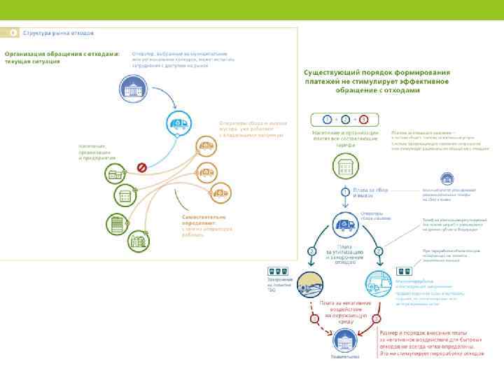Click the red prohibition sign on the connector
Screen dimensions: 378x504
point(141,167)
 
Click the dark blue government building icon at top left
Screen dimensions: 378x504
point(132,88)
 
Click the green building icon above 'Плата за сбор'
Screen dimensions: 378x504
point(344,166)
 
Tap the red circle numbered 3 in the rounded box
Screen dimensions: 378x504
point(363,119)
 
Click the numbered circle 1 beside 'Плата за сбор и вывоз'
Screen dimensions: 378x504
point(345,191)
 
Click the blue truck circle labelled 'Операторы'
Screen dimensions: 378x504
point(344,225)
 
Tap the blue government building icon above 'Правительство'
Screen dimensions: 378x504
point(345,342)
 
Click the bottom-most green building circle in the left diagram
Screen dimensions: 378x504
point(136,241)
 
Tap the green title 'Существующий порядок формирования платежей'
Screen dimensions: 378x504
point(377,80)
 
